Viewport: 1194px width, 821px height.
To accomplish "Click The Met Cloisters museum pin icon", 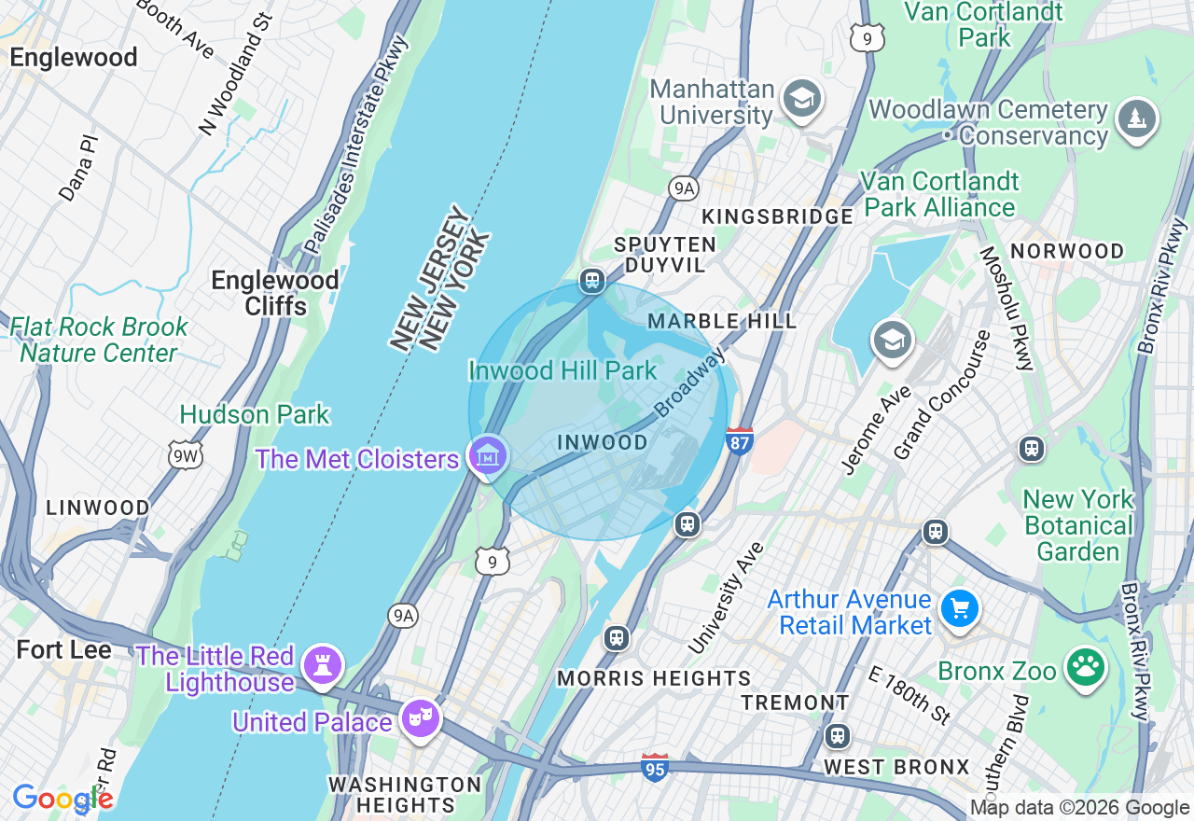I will click(488, 456).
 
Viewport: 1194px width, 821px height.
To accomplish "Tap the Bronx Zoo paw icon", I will click(1084, 669).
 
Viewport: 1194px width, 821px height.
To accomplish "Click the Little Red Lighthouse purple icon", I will click(323, 664).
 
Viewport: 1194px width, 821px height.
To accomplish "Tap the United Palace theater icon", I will click(420, 718).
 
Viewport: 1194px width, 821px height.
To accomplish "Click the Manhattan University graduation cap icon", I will click(800, 99).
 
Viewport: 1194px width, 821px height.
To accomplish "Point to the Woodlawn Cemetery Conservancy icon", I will click(1136, 119).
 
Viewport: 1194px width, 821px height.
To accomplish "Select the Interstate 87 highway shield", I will click(739, 440).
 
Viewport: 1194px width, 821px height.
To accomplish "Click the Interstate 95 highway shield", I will click(655, 767).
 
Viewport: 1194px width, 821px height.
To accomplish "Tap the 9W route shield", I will click(185, 454).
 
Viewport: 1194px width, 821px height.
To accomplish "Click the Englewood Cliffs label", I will click(274, 293).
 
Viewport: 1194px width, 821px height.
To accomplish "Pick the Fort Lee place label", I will click(64, 650).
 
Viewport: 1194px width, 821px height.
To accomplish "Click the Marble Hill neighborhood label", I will click(723, 321).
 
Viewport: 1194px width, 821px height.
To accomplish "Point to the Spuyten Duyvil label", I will click(665, 255).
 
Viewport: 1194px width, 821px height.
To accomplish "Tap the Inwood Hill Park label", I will click(562, 370).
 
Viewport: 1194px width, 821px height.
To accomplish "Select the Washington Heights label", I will click(404, 794).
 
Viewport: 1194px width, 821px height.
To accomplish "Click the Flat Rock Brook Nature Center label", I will click(99, 341).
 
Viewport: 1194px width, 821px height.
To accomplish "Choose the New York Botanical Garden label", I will click(1078, 525).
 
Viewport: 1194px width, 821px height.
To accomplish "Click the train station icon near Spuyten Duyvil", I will click(591, 280).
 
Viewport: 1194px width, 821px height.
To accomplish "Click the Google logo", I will click(62, 799).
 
